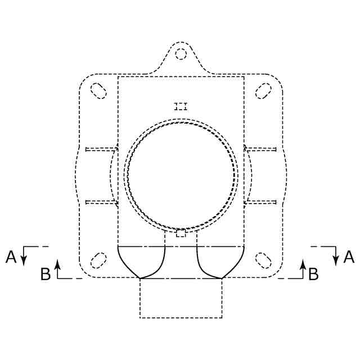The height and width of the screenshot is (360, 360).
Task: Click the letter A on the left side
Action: tap(11, 257)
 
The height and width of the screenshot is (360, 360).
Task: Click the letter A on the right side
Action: tap(349, 257)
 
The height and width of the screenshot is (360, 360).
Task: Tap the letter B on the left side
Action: tap(46, 274)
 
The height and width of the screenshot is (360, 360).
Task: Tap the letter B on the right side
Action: tap(314, 274)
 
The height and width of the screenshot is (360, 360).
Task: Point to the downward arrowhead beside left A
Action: tap(24, 260)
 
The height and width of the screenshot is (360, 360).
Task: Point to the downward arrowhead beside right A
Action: tap(336, 260)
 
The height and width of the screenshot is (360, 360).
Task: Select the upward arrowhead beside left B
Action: tap(57, 264)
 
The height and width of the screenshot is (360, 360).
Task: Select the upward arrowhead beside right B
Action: tap(303, 264)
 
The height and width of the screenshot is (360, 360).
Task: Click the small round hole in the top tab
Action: tap(181, 54)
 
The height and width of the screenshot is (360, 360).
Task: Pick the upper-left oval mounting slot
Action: tap(98, 91)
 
